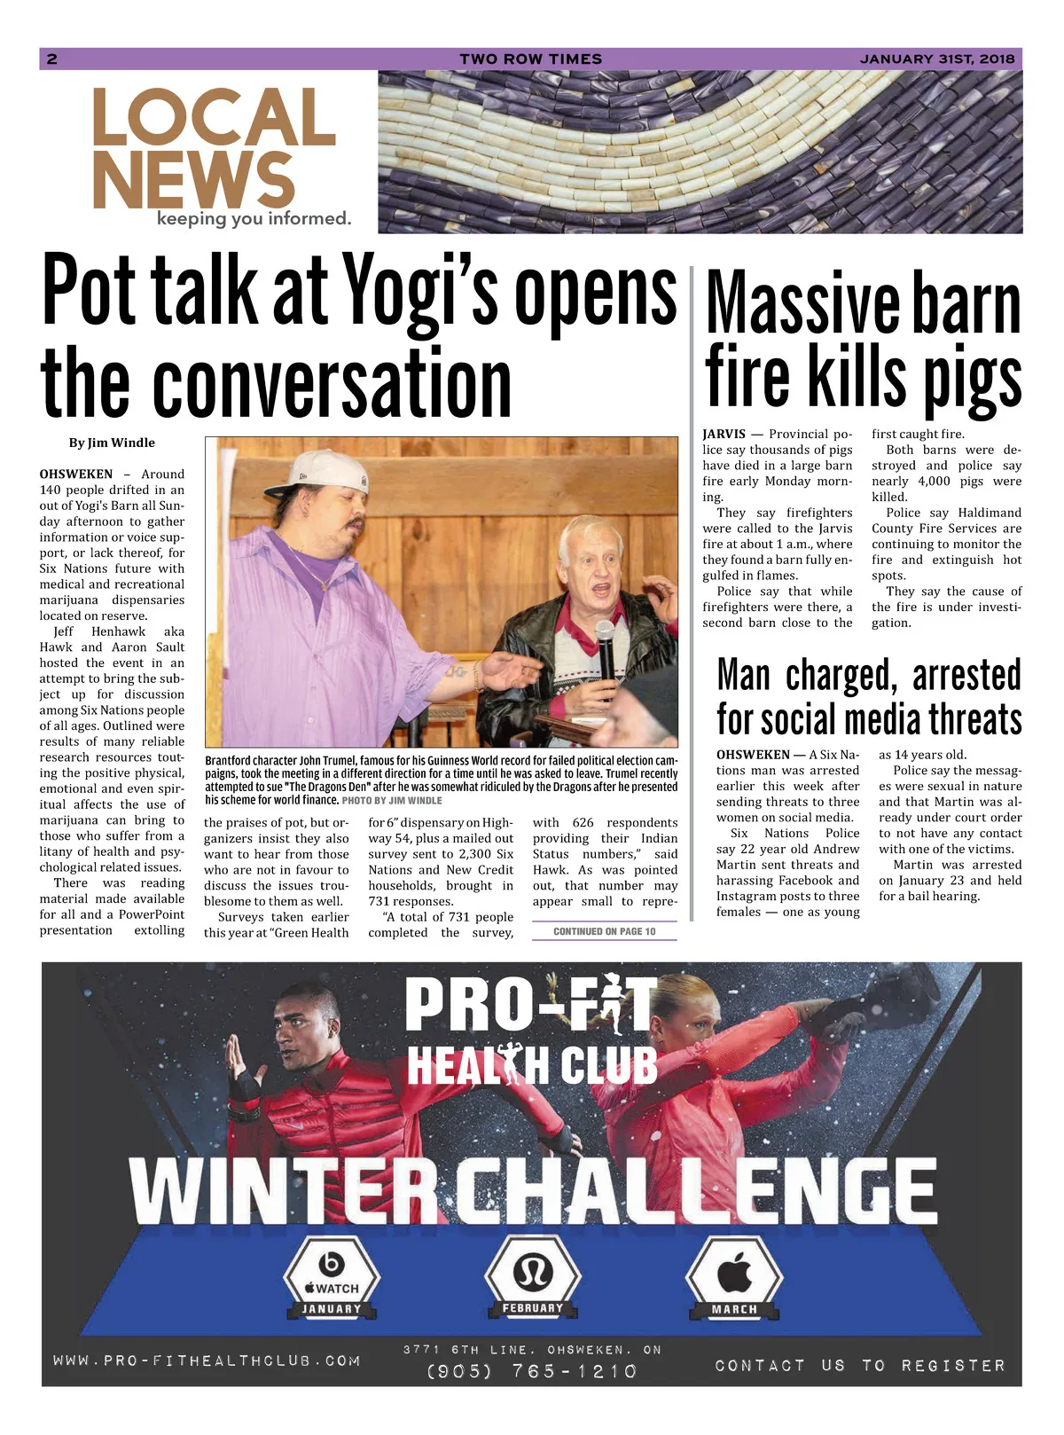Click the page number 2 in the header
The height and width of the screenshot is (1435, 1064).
(52, 59)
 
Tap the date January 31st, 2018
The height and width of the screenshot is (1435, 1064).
(936, 59)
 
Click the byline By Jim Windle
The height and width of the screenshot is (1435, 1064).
(112, 443)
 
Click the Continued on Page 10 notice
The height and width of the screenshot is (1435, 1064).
(604, 931)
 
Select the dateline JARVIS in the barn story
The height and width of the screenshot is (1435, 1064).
(724, 435)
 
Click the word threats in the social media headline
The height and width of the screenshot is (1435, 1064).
(967, 719)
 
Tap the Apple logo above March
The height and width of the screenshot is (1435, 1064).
(734, 1274)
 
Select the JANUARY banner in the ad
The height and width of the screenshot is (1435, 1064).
(332, 1309)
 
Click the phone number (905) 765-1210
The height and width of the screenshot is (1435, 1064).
(532, 1371)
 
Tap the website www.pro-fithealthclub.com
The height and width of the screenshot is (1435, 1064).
(207, 1361)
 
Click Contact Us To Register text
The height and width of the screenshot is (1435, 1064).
(860, 1366)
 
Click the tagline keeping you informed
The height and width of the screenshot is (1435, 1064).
(254, 218)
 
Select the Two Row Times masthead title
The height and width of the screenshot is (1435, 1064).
(530, 59)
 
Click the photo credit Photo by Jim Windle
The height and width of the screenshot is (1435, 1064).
(391, 800)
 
